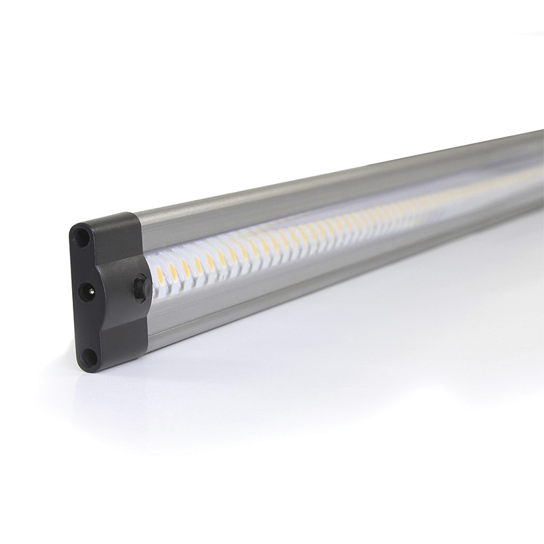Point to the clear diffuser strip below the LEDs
[x=272, y=265]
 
